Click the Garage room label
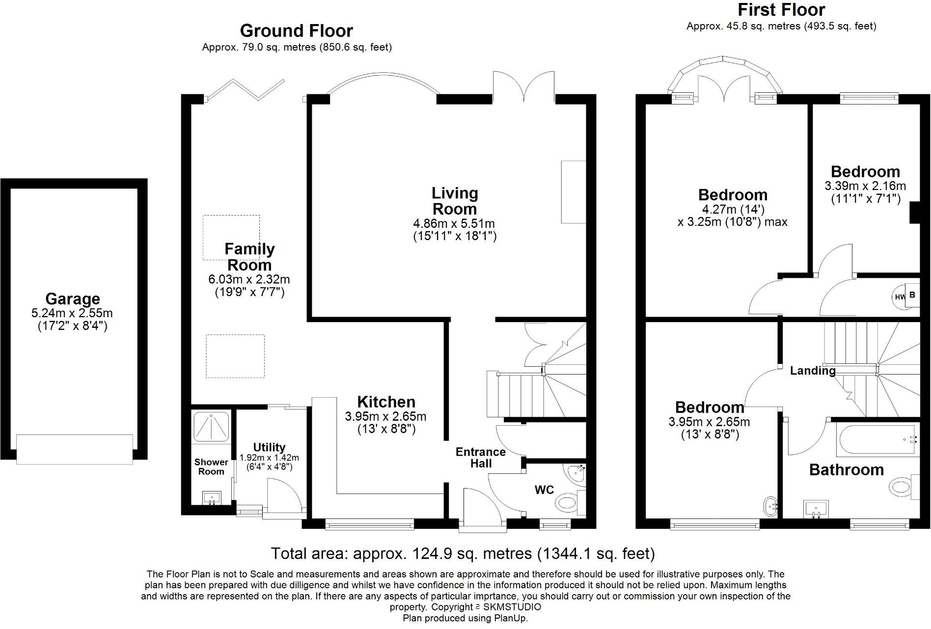click(x=73, y=299)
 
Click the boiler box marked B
click(x=913, y=295)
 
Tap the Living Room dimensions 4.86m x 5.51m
click(x=454, y=224)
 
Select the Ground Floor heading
click(x=296, y=31)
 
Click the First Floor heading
click(x=782, y=9)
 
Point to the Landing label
click(x=813, y=371)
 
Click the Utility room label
click(x=269, y=447)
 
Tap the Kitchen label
click(x=386, y=402)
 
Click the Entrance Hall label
click(x=481, y=458)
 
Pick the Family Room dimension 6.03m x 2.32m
click(x=249, y=280)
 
